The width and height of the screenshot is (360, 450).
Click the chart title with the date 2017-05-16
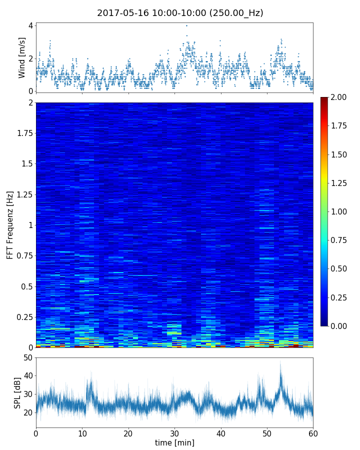click(180, 13)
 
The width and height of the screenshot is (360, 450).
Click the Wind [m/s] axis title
click(22, 57)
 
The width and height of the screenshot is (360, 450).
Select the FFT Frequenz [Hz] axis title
click(10, 225)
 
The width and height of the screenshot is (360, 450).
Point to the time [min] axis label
click(174, 442)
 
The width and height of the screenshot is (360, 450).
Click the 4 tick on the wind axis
click(30, 25)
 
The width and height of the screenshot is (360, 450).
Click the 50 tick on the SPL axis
click(27, 357)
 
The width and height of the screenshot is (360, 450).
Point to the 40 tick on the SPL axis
click(27, 376)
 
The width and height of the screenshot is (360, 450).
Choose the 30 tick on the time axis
click(174, 432)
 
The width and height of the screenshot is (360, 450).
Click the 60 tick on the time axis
click(313, 432)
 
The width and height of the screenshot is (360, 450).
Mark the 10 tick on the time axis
click(82, 432)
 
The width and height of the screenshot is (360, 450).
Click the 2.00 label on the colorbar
click(338, 97)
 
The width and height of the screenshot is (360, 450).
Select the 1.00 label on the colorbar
click(338, 211)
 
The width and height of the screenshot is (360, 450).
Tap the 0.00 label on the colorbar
click(338, 326)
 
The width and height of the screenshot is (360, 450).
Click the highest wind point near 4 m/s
click(186, 25)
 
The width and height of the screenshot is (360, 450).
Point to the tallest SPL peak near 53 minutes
click(280, 362)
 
